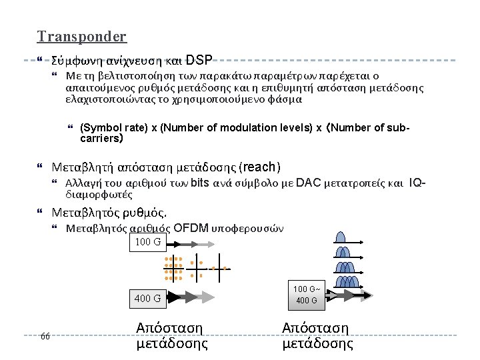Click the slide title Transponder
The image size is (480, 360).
pyautogui.click(x=82, y=37)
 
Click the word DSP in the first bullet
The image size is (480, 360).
pyautogui.click(x=199, y=60)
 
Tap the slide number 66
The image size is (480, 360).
pyautogui.click(x=45, y=335)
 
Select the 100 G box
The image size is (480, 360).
pyautogui.click(x=147, y=241)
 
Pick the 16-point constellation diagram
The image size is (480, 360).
pyautogui.click(x=173, y=267)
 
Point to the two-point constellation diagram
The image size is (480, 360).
pyautogui.click(x=221, y=268)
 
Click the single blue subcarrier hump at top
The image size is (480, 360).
pyautogui.click(x=341, y=236)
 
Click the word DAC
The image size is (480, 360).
pyautogui.click(x=308, y=183)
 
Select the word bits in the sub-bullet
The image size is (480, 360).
pyautogui.click(x=201, y=183)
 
